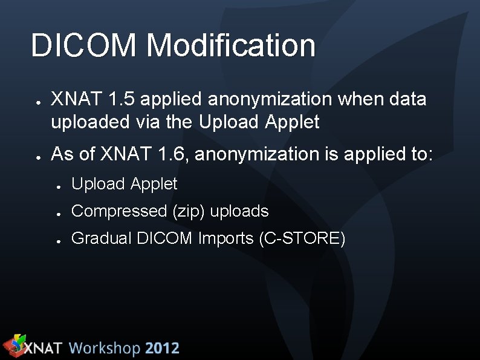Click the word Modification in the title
230,46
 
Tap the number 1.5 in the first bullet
119,99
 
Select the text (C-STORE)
302,238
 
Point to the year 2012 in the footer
162,349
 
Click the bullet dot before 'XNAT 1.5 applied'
37,101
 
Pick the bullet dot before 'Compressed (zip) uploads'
59,213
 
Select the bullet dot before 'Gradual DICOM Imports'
59,240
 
